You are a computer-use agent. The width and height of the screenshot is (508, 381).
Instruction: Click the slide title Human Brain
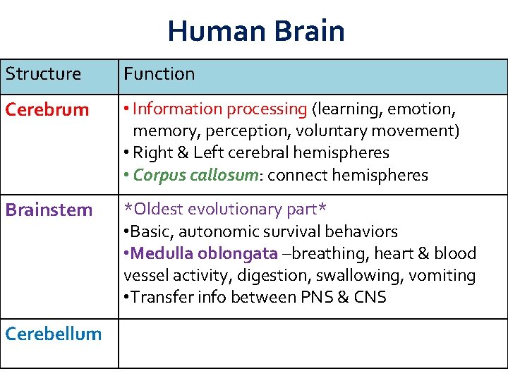pyautogui.click(x=256, y=31)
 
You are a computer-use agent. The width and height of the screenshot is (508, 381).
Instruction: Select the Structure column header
pyautogui.click(x=43, y=73)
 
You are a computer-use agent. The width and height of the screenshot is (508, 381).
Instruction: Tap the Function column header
pyautogui.click(x=159, y=73)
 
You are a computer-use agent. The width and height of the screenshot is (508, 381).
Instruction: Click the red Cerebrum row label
pyautogui.click(x=47, y=110)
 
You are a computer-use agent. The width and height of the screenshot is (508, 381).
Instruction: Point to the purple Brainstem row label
pyautogui.click(x=49, y=210)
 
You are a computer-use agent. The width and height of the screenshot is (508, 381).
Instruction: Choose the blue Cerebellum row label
pyautogui.click(x=54, y=334)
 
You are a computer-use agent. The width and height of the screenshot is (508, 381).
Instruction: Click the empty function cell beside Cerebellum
pyautogui.click(x=313, y=344)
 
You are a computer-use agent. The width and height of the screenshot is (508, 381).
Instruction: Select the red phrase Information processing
pyautogui.click(x=219, y=109)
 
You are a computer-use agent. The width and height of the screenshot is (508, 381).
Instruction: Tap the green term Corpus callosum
pyautogui.click(x=195, y=176)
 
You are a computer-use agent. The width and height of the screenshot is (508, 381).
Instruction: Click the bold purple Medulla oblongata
pyautogui.click(x=205, y=253)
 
